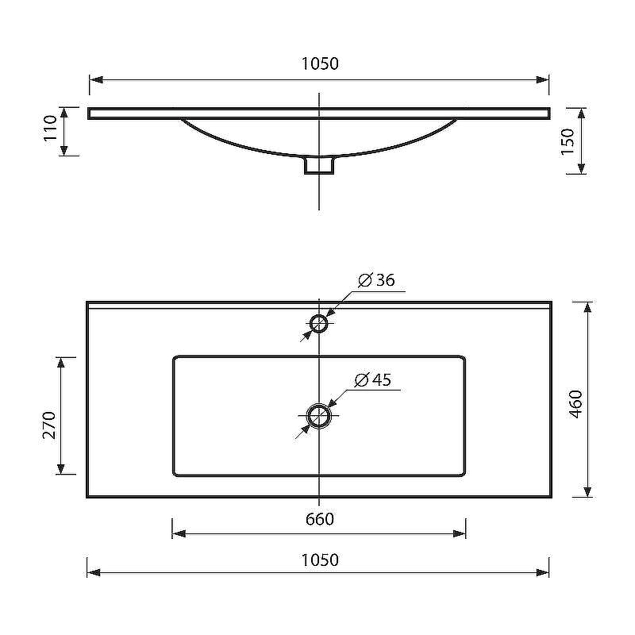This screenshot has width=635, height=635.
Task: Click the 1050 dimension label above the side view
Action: (x=320, y=63)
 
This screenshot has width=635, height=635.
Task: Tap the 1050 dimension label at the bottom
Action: (x=320, y=560)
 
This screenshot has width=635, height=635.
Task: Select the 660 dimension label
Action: (x=320, y=519)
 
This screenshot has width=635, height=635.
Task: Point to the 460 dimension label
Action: (x=575, y=404)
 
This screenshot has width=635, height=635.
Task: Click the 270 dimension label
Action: (x=49, y=425)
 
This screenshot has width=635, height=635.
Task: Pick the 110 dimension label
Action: (x=51, y=128)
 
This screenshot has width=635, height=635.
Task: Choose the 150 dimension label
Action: (x=568, y=141)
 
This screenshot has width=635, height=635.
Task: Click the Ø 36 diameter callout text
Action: (x=376, y=280)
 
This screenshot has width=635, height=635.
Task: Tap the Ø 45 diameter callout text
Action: (x=373, y=379)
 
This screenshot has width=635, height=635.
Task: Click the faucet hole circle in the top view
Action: (x=319, y=315)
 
